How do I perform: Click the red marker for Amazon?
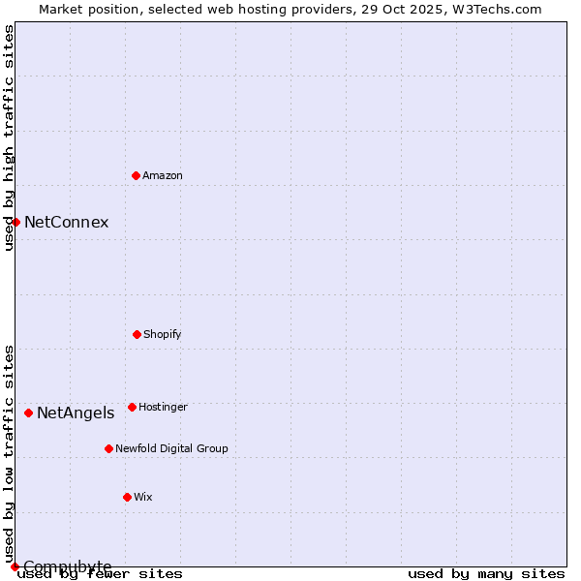(x=136, y=175)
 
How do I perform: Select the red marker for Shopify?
(x=137, y=334)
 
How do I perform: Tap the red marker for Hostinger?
(x=132, y=407)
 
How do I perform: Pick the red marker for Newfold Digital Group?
(x=108, y=448)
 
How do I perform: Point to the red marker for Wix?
(x=127, y=497)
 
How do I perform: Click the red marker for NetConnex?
(x=15, y=222)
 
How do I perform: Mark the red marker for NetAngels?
(x=28, y=413)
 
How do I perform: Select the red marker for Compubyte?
(x=15, y=566)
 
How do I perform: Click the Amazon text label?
(x=163, y=175)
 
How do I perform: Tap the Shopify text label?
(x=163, y=334)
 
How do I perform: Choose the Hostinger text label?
(x=163, y=407)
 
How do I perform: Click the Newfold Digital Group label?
(x=171, y=448)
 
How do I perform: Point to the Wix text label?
(x=143, y=497)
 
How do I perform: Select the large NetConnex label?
(x=66, y=222)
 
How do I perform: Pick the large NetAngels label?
(x=76, y=413)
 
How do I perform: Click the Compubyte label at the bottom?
(x=67, y=566)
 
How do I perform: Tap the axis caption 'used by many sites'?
(x=486, y=573)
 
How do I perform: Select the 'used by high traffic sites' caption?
(x=9, y=138)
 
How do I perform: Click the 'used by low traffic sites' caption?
(x=9, y=453)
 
